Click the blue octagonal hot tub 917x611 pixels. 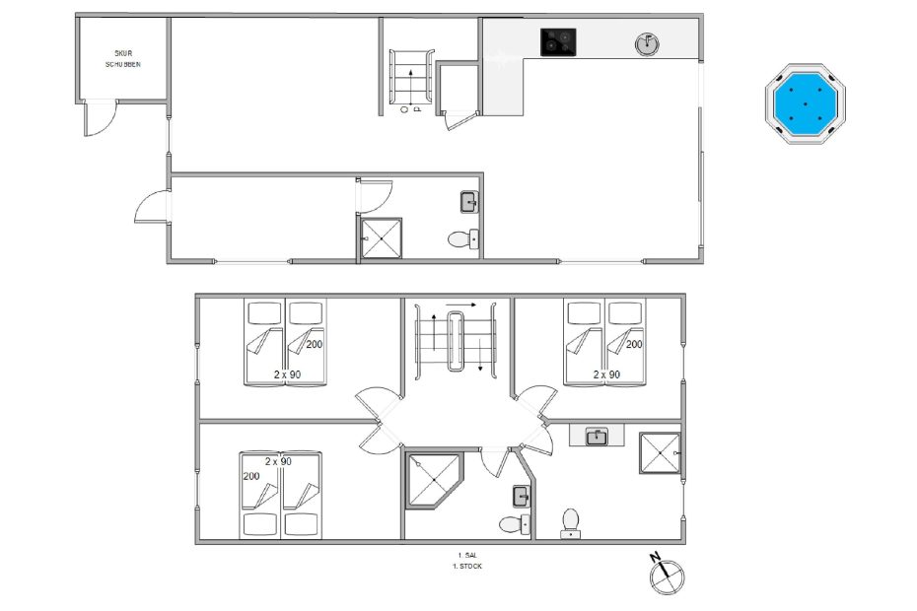coord(806,104)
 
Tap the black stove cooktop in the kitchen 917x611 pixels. coord(558,42)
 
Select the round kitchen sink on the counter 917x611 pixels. coord(647,43)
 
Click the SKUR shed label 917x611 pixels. coord(123,53)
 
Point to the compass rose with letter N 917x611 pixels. coord(667,575)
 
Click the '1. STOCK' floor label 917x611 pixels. coord(467,566)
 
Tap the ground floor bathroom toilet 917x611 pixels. coord(463,238)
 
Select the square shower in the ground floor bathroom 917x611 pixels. coord(382,238)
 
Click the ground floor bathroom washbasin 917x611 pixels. coord(469,202)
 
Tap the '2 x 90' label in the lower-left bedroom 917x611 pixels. coord(278,461)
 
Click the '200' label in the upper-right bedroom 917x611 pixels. coord(634,344)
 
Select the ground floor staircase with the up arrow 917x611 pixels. coord(412,77)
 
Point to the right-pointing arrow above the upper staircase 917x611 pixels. coord(460,305)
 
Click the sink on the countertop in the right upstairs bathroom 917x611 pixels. coord(597,437)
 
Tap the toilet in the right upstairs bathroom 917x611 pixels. coord(570,524)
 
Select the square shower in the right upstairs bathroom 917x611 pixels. coord(660,452)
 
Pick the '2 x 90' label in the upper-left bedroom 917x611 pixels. coord(287,374)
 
